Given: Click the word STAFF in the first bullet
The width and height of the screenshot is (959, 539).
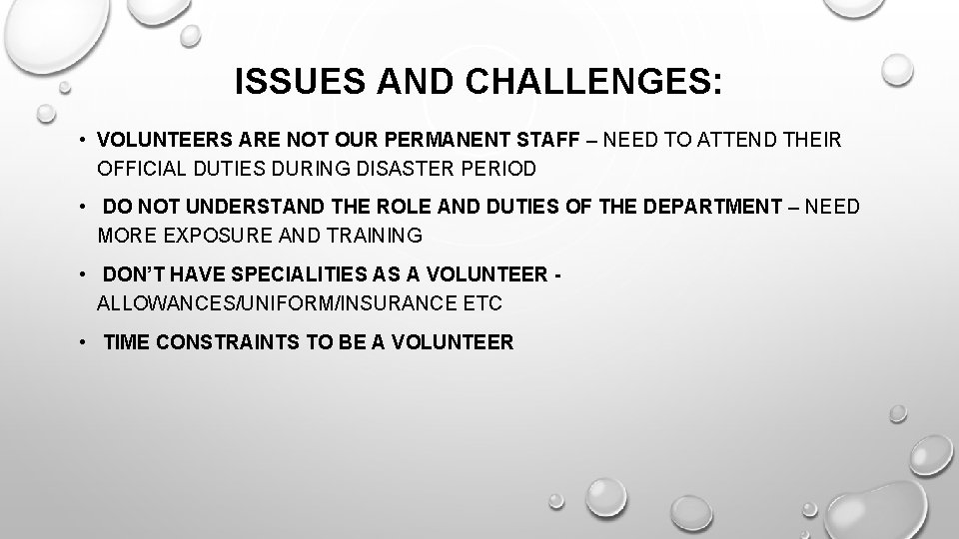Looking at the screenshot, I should coord(552,140).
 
